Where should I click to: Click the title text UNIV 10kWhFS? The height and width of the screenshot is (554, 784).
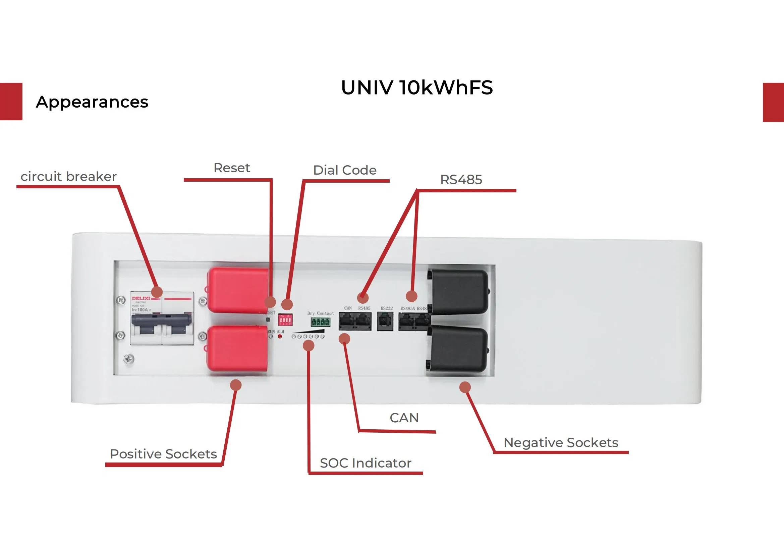416,88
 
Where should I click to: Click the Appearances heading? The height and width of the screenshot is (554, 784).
92,102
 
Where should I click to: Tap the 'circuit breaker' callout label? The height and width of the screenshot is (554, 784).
69,177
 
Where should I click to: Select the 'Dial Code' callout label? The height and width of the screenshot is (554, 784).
344,170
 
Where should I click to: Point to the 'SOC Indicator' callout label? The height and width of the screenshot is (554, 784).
366,463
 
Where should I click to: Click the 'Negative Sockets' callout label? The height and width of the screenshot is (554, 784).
561,442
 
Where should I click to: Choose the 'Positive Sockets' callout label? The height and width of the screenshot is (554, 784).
163,454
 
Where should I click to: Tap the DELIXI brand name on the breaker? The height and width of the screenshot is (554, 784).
141,298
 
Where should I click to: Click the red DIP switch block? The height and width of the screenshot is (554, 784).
285,320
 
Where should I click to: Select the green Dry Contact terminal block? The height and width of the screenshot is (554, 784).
320,322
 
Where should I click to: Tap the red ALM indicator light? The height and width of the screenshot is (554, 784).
280,336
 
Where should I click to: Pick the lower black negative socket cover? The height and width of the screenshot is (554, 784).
459,350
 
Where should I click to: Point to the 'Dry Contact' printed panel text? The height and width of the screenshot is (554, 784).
320,313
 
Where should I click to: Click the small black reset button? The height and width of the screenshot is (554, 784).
268,319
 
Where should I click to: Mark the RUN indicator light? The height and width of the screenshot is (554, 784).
271,336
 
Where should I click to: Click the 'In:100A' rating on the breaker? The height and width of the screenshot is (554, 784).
141,310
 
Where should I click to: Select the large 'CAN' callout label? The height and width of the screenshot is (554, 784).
404,418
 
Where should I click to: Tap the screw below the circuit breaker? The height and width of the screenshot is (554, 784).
129,359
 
